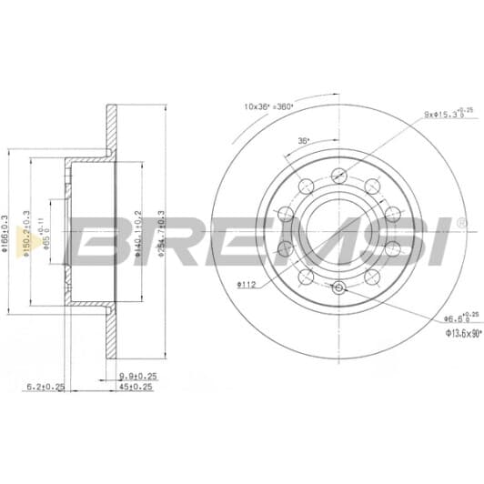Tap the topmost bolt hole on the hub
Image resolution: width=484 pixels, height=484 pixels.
pyautogui.click(x=338, y=176)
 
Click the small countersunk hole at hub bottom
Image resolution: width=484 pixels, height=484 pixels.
pyautogui.click(x=338, y=288)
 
